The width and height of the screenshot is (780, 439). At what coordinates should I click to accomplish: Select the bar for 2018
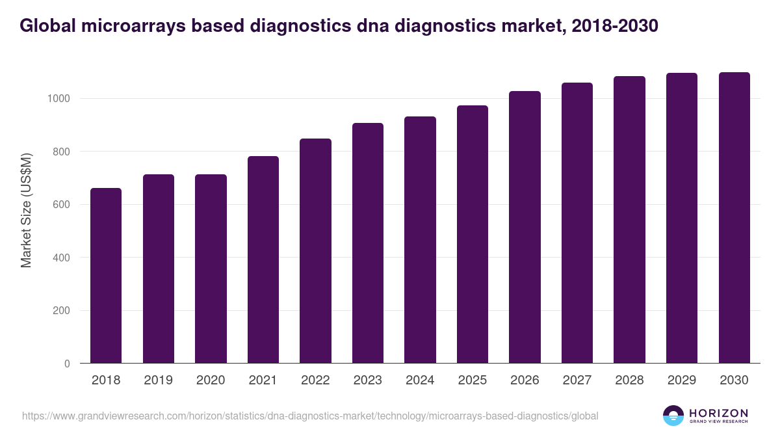click(x=106, y=276)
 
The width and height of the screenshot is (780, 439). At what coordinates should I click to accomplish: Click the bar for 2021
click(x=263, y=259)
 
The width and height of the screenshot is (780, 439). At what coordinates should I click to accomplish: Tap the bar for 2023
click(x=368, y=243)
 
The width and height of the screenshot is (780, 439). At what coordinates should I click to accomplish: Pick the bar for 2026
click(x=525, y=227)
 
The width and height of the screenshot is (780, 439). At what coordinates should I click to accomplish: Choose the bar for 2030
click(x=734, y=218)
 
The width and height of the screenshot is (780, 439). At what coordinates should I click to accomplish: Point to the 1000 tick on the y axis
click(x=58, y=99)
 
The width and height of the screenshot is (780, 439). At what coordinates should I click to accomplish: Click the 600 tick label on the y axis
click(x=60, y=205)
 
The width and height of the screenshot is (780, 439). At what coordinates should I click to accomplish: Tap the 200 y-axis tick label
click(x=60, y=311)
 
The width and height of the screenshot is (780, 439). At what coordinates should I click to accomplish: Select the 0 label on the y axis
click(x=66, y=364)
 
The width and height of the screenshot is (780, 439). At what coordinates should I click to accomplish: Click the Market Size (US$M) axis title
click(x=26, y=209)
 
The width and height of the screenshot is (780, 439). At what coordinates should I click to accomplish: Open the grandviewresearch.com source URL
click(x=310, y=416)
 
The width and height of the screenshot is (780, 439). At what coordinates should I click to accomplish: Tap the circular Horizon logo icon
click(x=673, y=416)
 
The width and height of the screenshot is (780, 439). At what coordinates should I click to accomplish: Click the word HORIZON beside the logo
click(x=718, y=413)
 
